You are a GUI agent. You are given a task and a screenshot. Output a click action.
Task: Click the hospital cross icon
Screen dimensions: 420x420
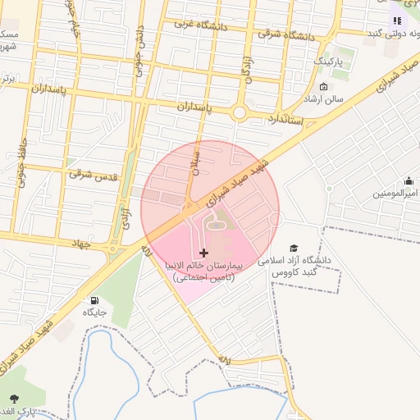pyautogui.click(x=204, y=252)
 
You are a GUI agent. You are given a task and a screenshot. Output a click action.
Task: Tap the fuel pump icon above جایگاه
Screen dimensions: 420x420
pyautogui.click(x=96, y=300)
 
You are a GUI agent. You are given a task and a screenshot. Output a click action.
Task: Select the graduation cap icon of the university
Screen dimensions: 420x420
pyautogui.click(x=294, y=249)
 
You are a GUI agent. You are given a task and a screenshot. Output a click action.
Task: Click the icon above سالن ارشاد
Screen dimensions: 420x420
pyautogui.click(x=323, y=87)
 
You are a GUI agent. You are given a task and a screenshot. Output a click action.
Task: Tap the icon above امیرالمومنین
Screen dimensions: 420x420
pyautogui.click(x=409, y=181)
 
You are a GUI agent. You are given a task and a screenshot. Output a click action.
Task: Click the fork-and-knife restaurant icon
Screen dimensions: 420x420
pyautogui.click(x=397, y=21)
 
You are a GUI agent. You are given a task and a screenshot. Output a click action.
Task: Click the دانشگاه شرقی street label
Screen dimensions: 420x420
pyautogui.click(x=287, y=34)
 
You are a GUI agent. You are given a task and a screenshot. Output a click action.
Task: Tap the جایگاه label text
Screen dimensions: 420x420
pyautogui.click(x=94, y=313)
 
